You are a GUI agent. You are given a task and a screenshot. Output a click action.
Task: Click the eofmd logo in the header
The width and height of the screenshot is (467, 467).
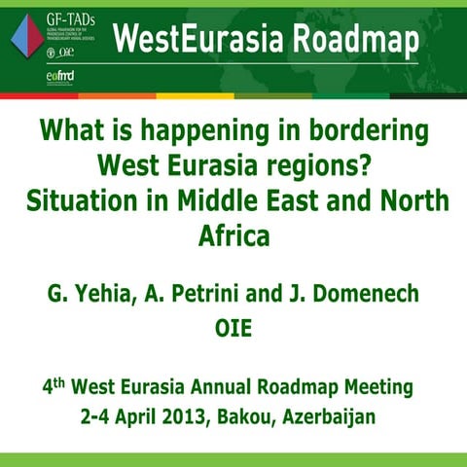(61, 76)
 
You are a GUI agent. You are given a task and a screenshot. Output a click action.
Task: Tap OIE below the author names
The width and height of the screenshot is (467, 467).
(233, 326)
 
